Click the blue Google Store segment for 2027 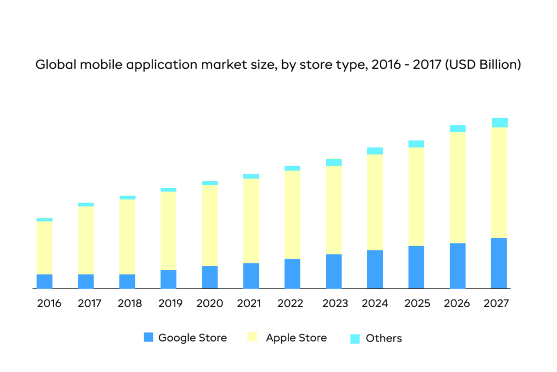coord(499,263)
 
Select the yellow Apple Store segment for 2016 coord(45,248)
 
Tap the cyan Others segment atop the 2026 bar coord(457,129)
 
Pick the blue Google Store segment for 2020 coord(209,277)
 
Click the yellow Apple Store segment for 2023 coord(333,210)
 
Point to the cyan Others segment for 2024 coord(375,151)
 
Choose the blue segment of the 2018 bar coord(127,281)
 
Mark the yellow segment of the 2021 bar coord(251,221)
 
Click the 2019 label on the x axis coord(171,303)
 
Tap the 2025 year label coord(417,303)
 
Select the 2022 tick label coord(293,303)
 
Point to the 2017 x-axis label coord(89,303)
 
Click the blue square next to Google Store coord(148,337)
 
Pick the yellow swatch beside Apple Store coord(252,337)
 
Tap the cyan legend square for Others coord(355,338)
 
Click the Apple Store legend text coord(296,338)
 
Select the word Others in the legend coord(383,338)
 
